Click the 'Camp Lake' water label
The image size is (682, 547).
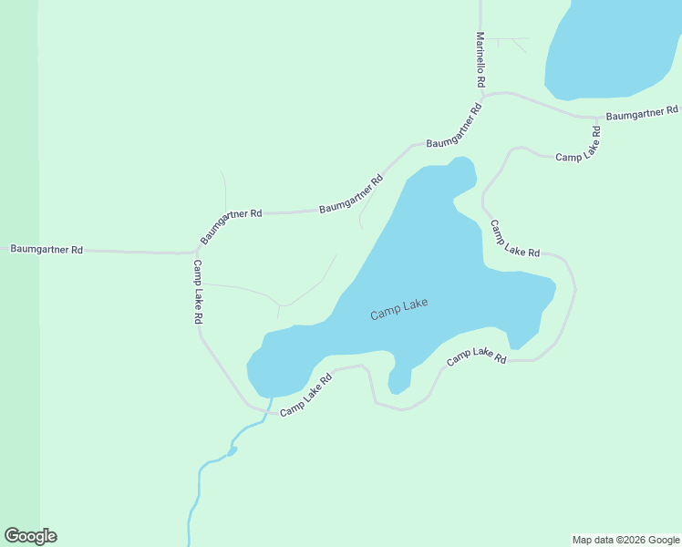(398, 310)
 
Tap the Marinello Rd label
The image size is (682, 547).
(480, 60)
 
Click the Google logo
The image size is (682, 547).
(30, 536)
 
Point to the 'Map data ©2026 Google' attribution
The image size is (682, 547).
(625, 540)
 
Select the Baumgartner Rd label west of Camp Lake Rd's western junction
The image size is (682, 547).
(46, 249)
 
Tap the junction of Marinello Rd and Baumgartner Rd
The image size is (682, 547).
(481, 95)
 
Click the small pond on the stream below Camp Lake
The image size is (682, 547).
(232, 450)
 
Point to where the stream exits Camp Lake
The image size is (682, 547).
(271, 398)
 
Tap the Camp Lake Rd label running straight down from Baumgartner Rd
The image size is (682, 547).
(197, 293)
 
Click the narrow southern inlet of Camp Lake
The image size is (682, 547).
(398, 381)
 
